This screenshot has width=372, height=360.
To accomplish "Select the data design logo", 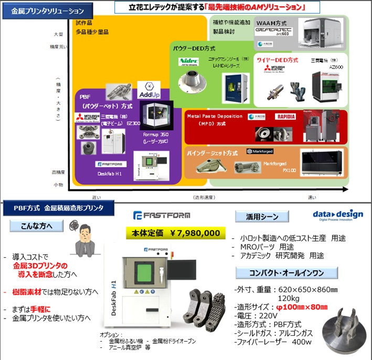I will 335,216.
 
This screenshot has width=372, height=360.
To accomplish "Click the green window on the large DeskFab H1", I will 140,273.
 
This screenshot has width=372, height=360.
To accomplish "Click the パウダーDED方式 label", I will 192,48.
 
